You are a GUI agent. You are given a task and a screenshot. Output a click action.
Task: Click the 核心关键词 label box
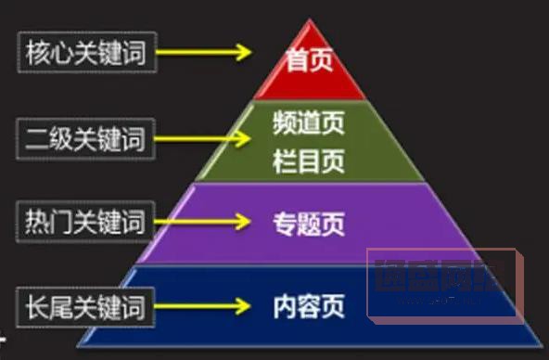point(84,52)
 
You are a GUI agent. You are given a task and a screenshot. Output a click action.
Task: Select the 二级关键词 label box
point(84,139)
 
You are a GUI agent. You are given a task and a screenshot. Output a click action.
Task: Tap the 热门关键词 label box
point(84,223)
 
